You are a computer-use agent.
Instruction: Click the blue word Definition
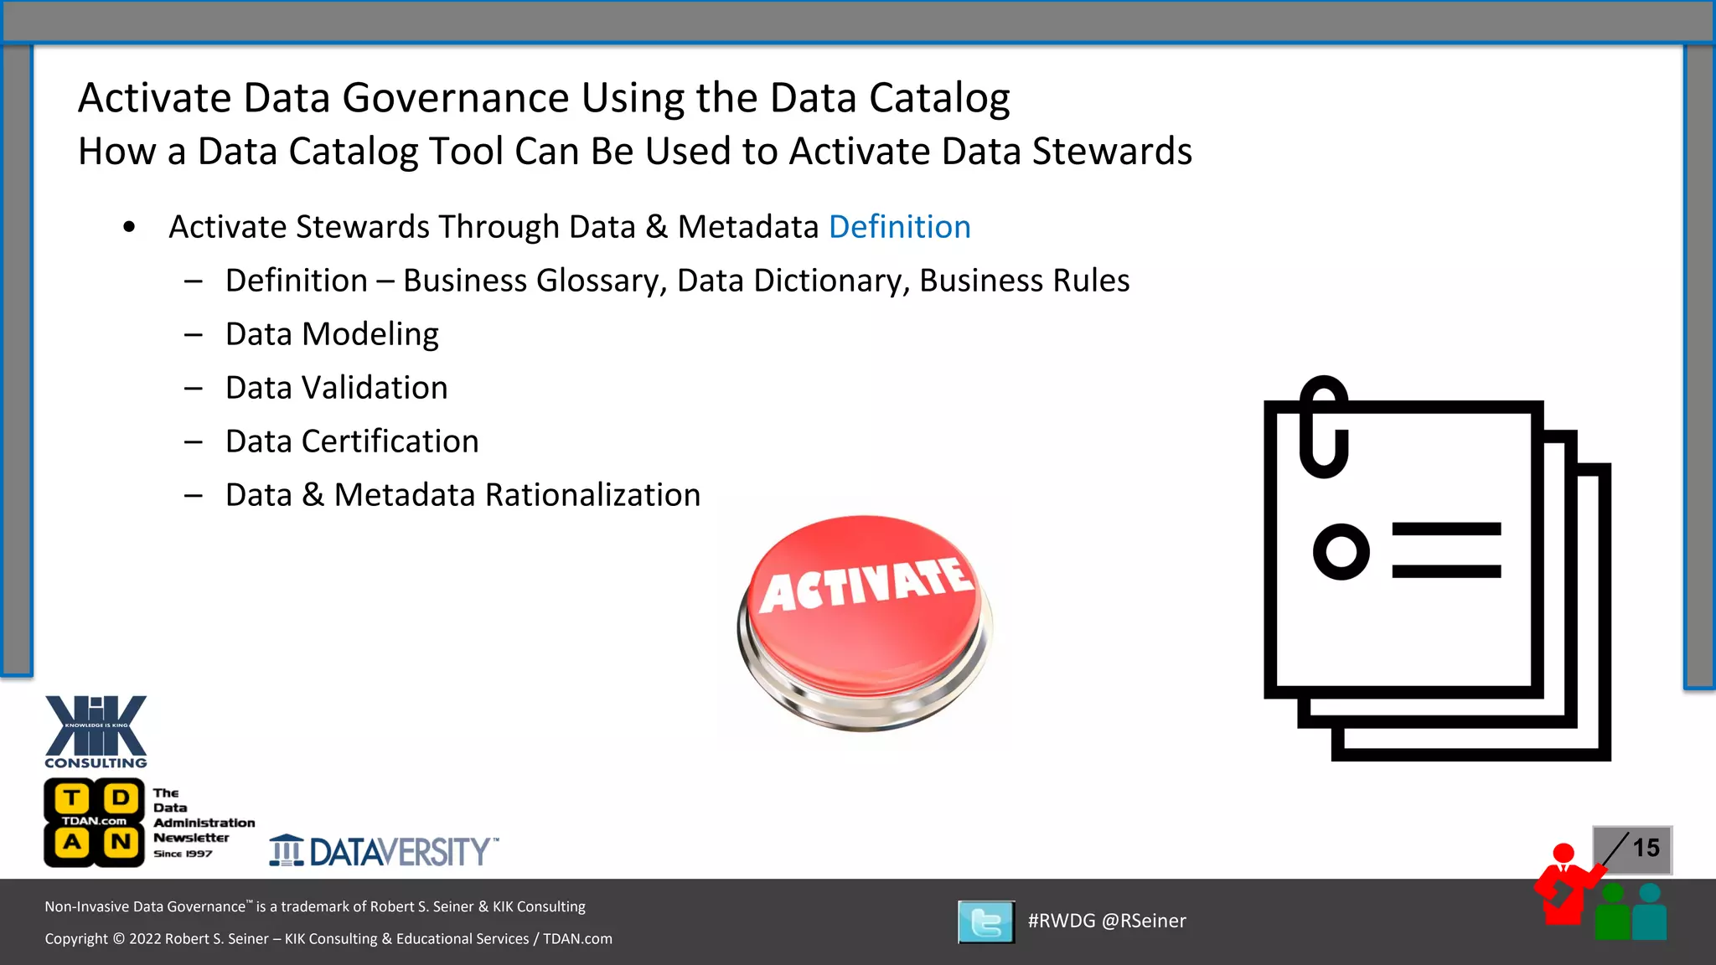[x=899, y=227]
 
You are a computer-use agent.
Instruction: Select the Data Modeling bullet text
[x=332, y=334]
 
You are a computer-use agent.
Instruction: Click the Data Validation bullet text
[x=336, y=388]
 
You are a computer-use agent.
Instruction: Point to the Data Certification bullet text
[x=352, y=441]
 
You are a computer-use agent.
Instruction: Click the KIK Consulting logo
[x=96, y=731]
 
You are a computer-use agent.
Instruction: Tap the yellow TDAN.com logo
[x=94, y=822]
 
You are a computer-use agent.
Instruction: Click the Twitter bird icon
[x=986, y=922]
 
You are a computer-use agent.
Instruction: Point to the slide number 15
[x=1645, y=848]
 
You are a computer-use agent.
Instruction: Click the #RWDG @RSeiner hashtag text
[x=1107, y=921]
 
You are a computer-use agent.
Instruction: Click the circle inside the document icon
[x=1341, y=551]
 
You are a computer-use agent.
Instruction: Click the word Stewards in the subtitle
[x=1112, y=152]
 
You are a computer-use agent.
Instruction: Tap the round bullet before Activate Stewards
[x=129, y=227]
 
